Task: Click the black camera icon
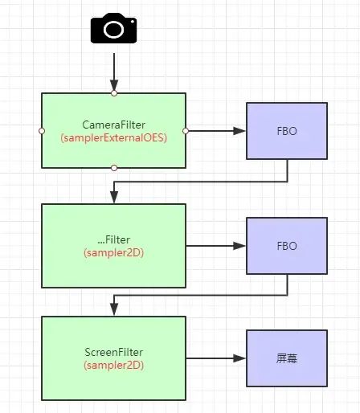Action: pyautogui.click(x=114, y=30)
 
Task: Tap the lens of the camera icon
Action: pyautogui.click(x=114, y=31)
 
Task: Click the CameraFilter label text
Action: pyautogui.click(x=114, y=125)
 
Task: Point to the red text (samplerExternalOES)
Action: pyautogui.click(x=114, y=137)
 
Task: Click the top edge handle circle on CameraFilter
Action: pyautogui.click(x=114, y=93)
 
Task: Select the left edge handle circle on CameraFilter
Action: pyautogui.click(x=42, y=130)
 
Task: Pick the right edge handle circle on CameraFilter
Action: pyautogui.click(x=186, y=130)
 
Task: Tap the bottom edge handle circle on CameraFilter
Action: pyautogui.click(x=114, y=168)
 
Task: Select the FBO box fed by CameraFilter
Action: pyautogui.click(x=287, y=130)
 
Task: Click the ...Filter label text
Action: pyautogui.click(x=114, y=240)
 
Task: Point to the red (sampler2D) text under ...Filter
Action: pyautogui.click(x=114, y=252)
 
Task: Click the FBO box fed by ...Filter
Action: pyautogui.click(x=287, y=246)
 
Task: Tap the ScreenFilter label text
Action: pyautogui.click(x=114, y=352)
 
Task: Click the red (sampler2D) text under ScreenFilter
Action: pyautogui.click(x=114, y=365)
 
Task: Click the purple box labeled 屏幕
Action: pyautogui.click(x=287, y=358)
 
